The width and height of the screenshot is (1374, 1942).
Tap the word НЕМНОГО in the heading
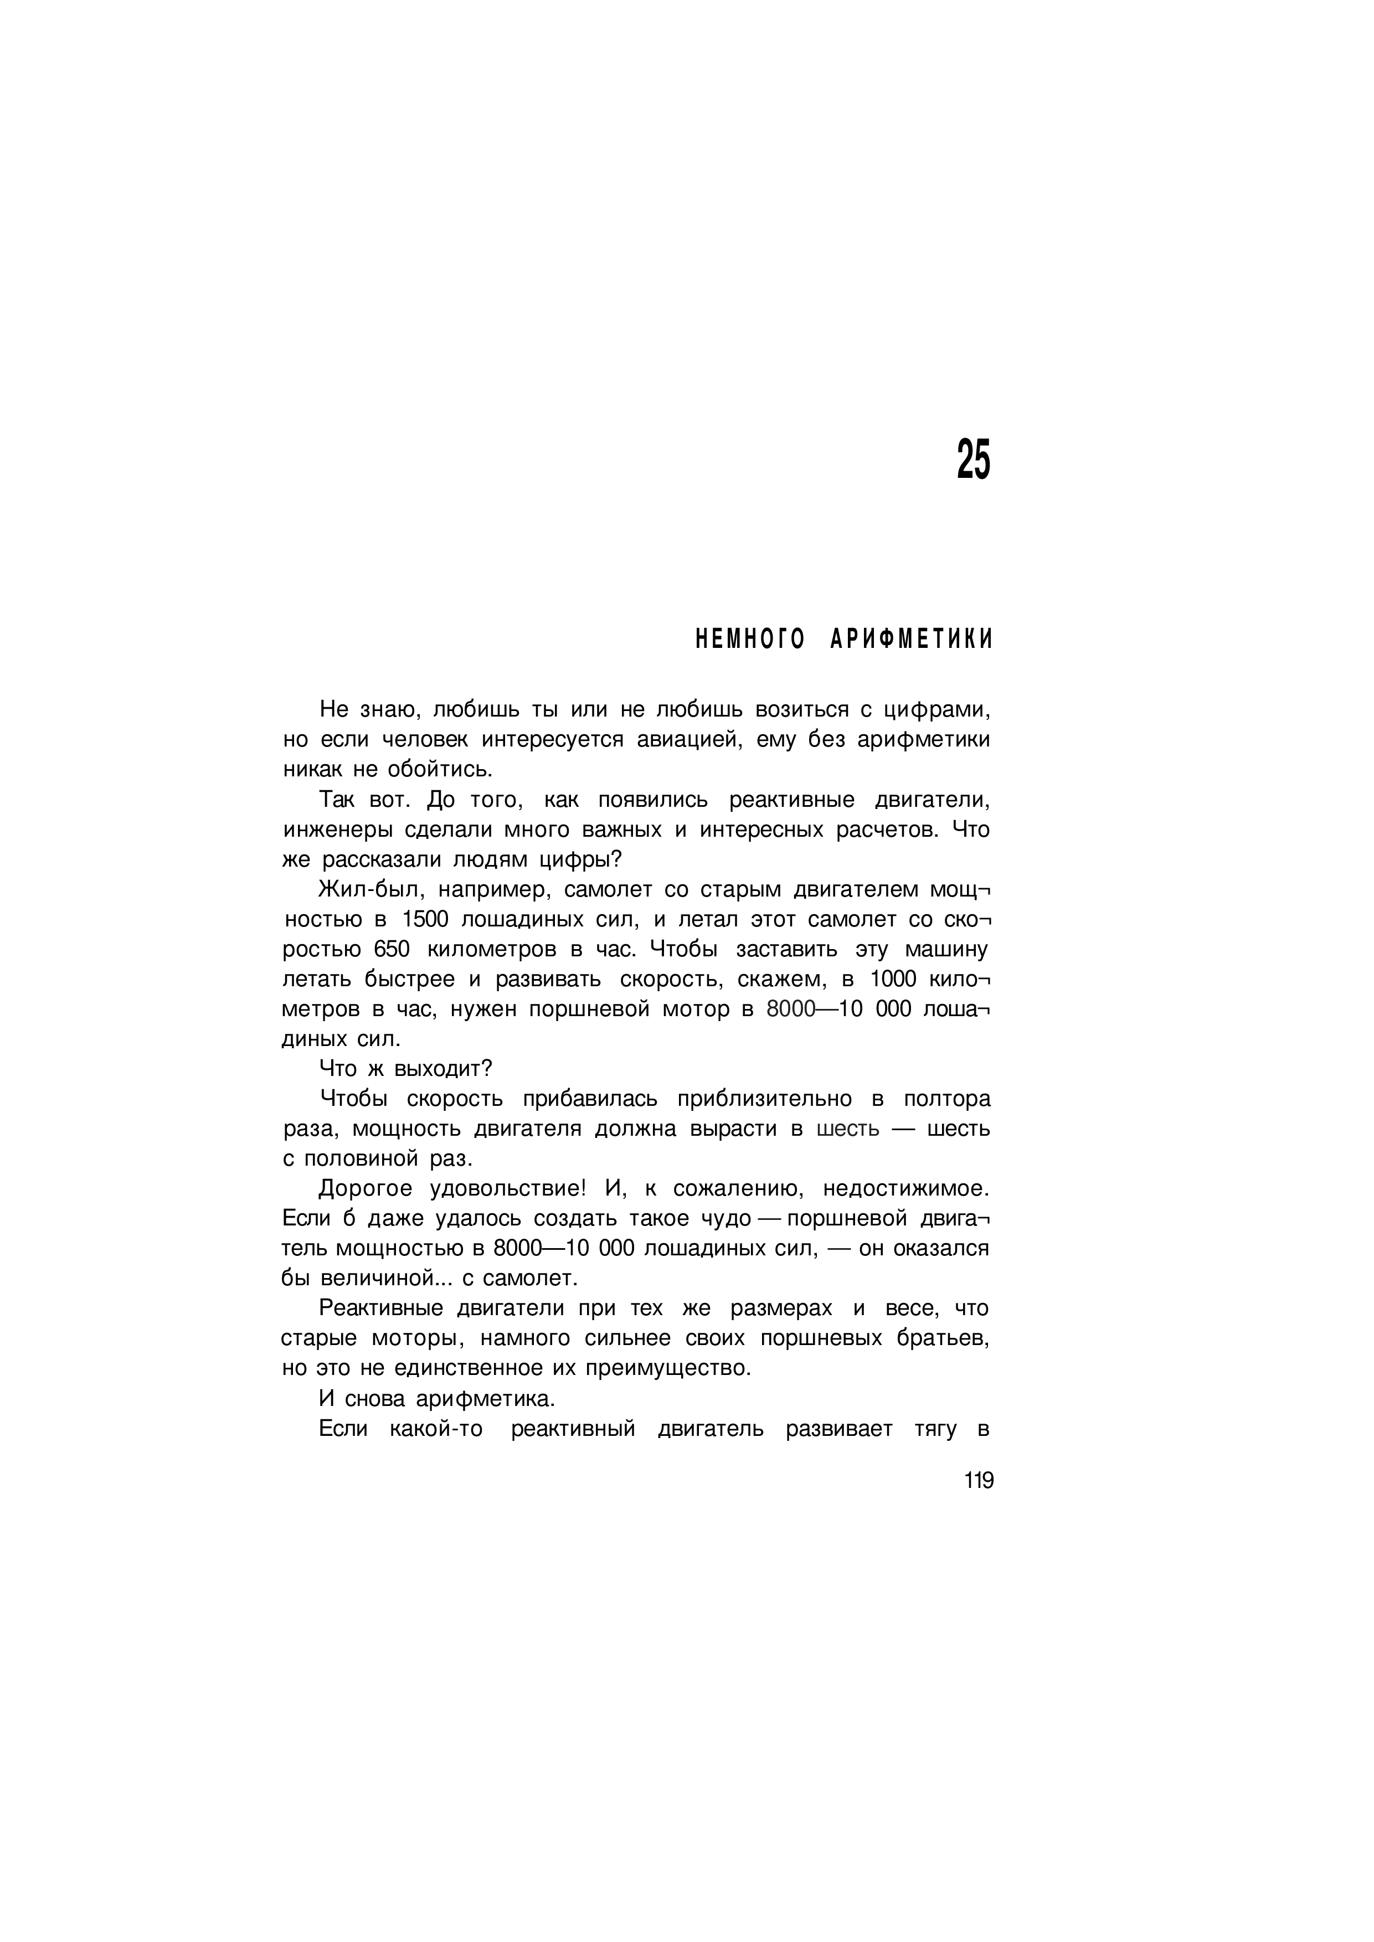[x=750, y=640]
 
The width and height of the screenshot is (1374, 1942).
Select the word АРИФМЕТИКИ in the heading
[x=911, y=640]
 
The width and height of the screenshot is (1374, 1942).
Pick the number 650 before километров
[x=392, y=949]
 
